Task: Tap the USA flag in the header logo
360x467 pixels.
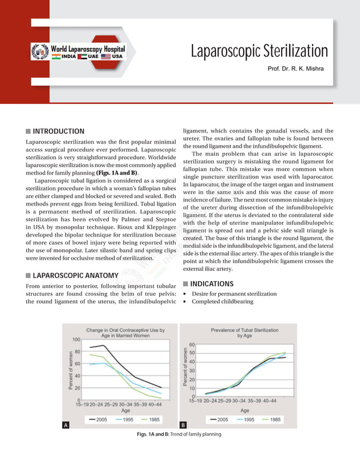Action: coord(106,56)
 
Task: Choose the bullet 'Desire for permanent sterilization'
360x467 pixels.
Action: coord(234,294)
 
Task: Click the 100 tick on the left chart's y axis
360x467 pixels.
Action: coord(75,339)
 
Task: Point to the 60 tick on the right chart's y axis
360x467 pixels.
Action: coord(192,344)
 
